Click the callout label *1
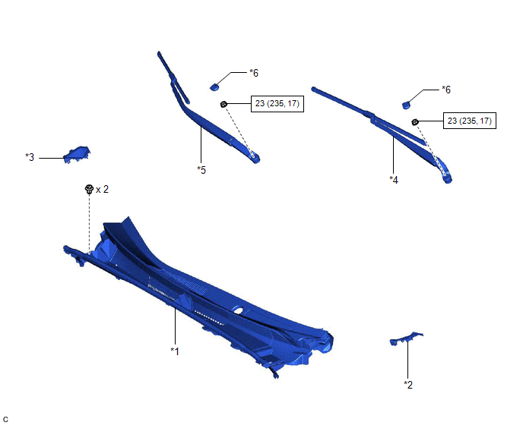click(x=175, y=351)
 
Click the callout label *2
click(x=408, y=385)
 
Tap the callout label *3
click(x=30, y=157)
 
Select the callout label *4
click(x=394, y=180)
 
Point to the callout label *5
click(x=201, y=170)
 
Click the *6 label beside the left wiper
click(x=254, y=73)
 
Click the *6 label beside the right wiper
click(x=446, y=90)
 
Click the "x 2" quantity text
click(x=102, y=190)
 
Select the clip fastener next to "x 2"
click(x=89, y=190)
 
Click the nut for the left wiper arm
click(x=223, y=104)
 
